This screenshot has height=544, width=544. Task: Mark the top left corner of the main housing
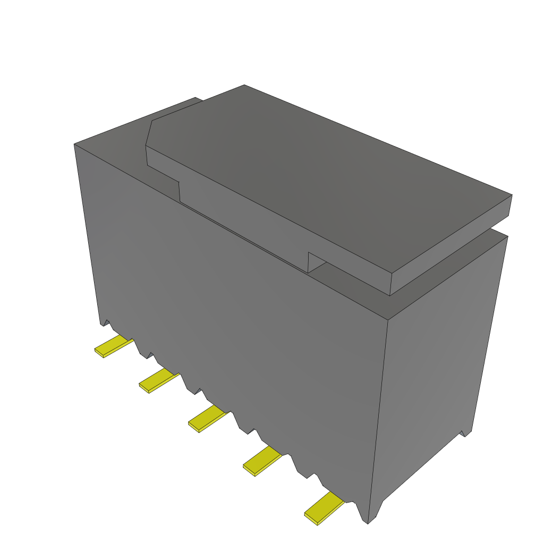[75, 144]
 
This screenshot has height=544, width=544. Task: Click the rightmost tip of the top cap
[511, 195]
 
